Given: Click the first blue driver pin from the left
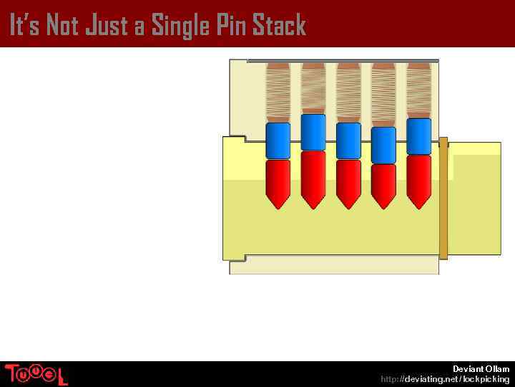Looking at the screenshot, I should pyautogui.click(x=278, y=140).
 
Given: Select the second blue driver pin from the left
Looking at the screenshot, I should pyautogui.click(x=313, y=133).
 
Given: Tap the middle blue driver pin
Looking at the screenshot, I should pyautogui.click(x=348, y=140).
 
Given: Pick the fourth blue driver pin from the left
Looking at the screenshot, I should pyautogui.click(x=383, y=145).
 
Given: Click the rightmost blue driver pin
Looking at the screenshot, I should pyautogui.click(x=418, y=136).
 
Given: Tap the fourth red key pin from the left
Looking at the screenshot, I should pyautogui.click(x=383, y=186).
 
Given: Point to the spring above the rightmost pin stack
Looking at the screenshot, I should pyautogui.click(x=418, y=90).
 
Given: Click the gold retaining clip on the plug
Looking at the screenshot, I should pyautogui.click(x=443, y=198).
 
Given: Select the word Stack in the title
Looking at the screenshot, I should pyautogui.click(x=279, y=25).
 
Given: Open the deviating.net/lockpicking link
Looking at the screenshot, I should pyautogui.click(x=445, y=378).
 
